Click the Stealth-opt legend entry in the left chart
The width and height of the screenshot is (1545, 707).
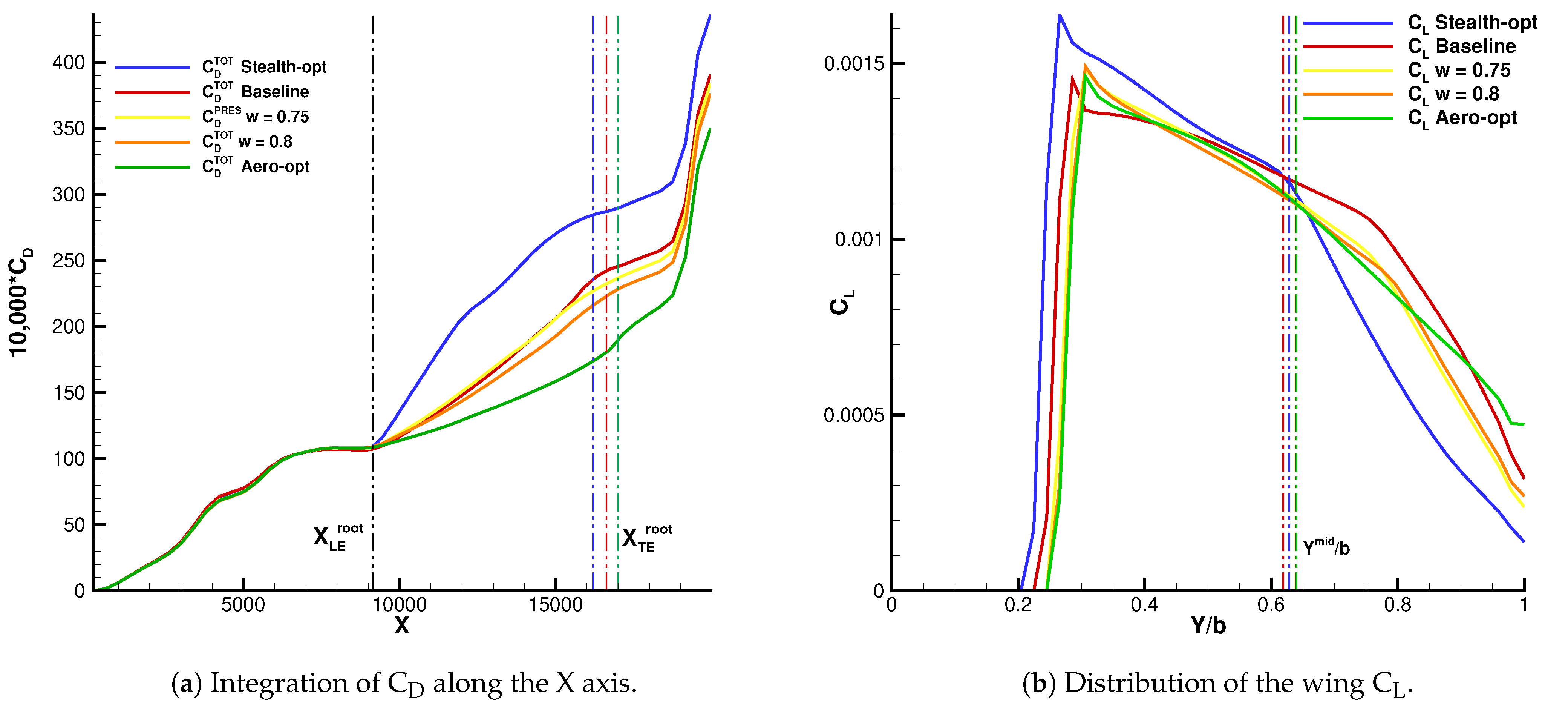264,67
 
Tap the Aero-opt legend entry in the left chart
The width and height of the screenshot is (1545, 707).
256,167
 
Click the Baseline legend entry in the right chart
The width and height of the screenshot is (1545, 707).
1462,47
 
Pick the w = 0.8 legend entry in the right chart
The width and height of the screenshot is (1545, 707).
1453,94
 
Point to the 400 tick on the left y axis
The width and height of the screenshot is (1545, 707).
69,62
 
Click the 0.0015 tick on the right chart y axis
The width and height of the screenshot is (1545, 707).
854,64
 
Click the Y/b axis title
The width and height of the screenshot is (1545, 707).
1208,626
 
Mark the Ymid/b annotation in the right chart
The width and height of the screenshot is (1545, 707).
1326,547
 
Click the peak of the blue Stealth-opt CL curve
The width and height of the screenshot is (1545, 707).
1060,15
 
